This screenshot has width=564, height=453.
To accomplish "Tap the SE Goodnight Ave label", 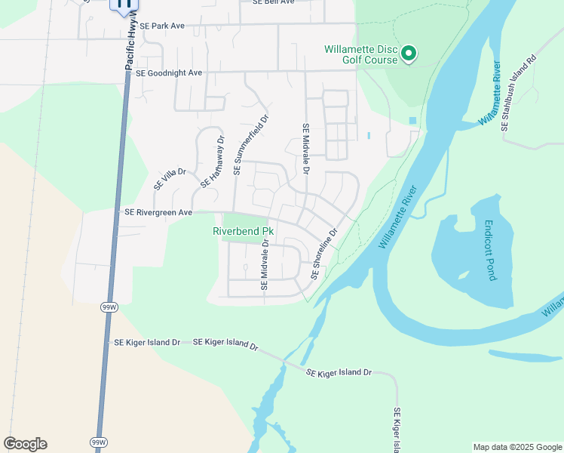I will click(169, 73).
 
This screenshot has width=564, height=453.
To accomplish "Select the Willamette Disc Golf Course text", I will click(360, 55).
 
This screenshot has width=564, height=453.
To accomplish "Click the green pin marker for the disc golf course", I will click(409, 53).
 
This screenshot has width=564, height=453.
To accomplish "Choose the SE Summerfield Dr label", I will click(250, 145).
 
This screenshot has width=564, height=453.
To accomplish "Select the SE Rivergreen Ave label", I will click(158, 213).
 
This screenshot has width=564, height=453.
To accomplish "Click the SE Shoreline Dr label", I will click(323, 254).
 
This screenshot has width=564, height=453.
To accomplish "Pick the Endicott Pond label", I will click(489, 250).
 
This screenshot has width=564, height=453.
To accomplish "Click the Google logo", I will click(25, 444).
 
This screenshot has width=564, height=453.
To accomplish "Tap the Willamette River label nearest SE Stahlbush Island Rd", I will click(489, 99).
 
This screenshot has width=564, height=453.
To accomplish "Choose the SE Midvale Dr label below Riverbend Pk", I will click(265, 264).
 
